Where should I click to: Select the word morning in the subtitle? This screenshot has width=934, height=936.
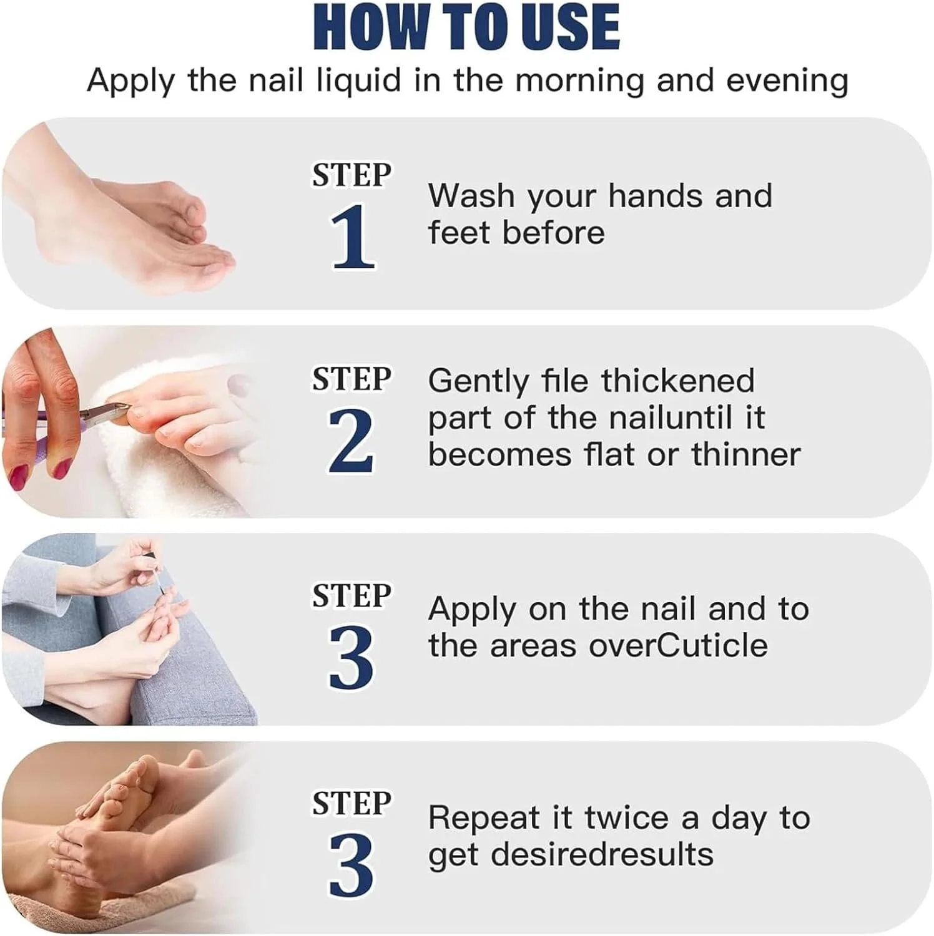(x=579, y=82)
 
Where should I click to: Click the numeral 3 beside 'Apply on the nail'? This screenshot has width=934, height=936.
(x=351, y=658)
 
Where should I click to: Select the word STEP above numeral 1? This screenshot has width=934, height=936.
(x=351, y=175)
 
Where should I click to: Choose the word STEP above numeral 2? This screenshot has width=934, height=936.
(x=351, y=379)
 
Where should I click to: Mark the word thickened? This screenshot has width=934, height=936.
(x=678, y=380)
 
